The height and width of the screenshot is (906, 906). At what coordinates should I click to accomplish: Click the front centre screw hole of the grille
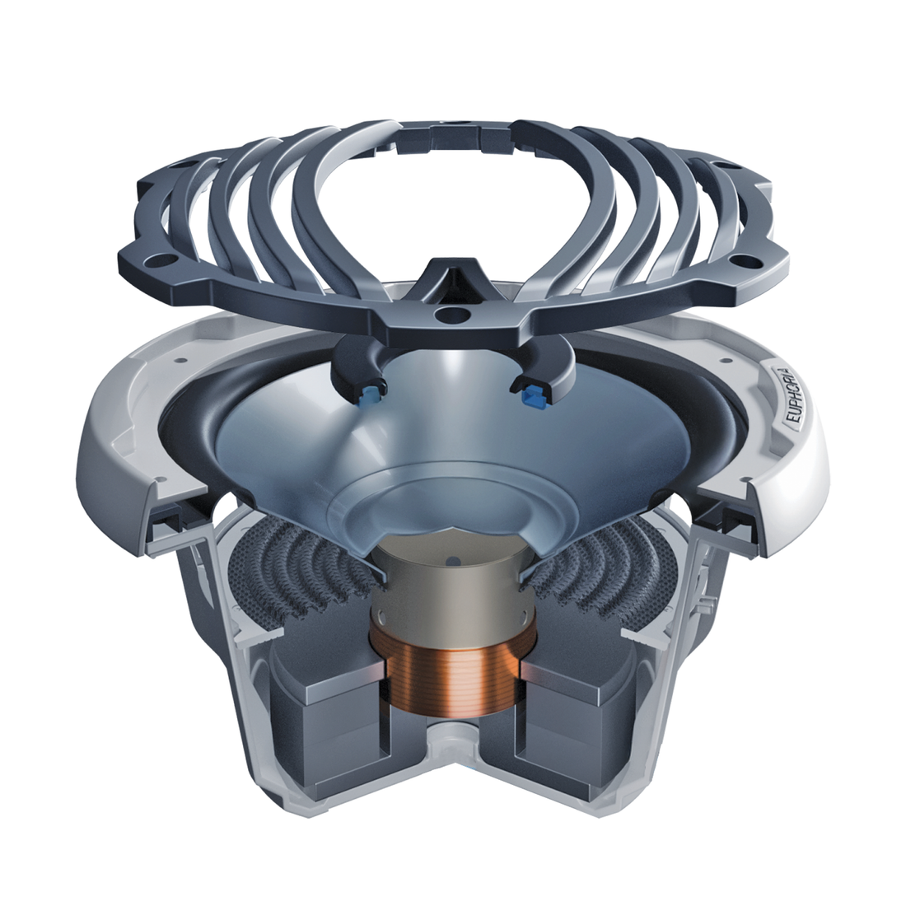451,315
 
